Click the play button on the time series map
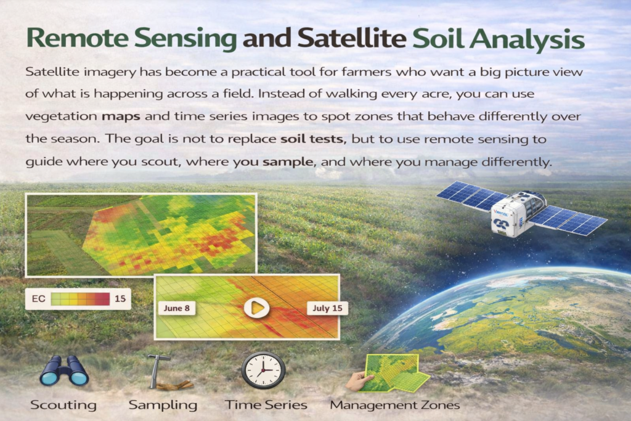click(x=256, y=307)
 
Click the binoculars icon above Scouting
click(x=64, y=371)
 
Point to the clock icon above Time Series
click(x=263, y=370)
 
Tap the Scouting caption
click(x=63, y=405)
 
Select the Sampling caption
click(x=163, y=405)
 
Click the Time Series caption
click(x=266, y=405)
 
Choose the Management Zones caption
click(x=394, y=405)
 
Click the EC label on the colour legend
click(x=38, y=299)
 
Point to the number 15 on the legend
click(x=120, y=299)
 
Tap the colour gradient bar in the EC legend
click(x=80, y=299)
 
